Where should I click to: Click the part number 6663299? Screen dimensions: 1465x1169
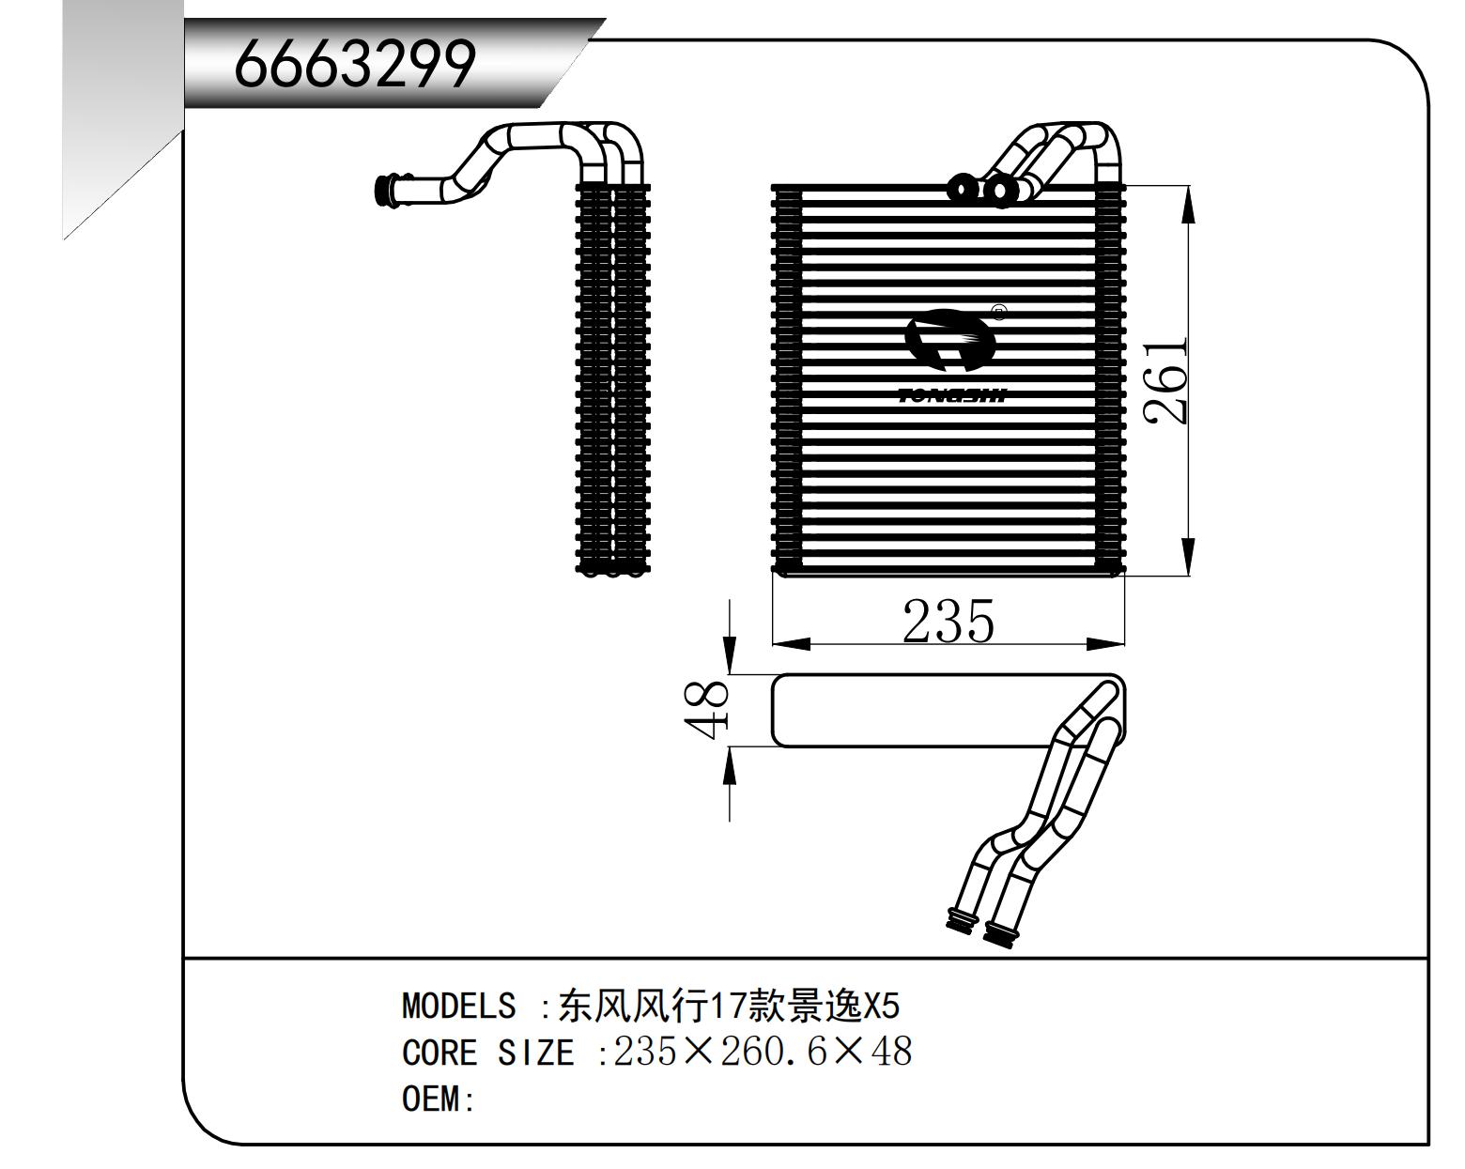pos(354,64)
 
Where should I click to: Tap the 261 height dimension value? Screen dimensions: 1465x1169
pos(1165,380)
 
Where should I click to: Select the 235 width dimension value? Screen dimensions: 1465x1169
pos(948,622)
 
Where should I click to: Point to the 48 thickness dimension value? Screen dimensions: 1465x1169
pos(707,710)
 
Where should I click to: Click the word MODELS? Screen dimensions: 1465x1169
pos(459,1007)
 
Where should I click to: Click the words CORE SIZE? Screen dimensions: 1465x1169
pos(488,1053)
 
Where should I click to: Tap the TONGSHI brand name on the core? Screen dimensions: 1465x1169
pos(952,395)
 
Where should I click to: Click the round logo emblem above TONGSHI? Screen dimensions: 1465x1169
pos(949,341)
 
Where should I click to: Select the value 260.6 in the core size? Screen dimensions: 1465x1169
pos(773,1052)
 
